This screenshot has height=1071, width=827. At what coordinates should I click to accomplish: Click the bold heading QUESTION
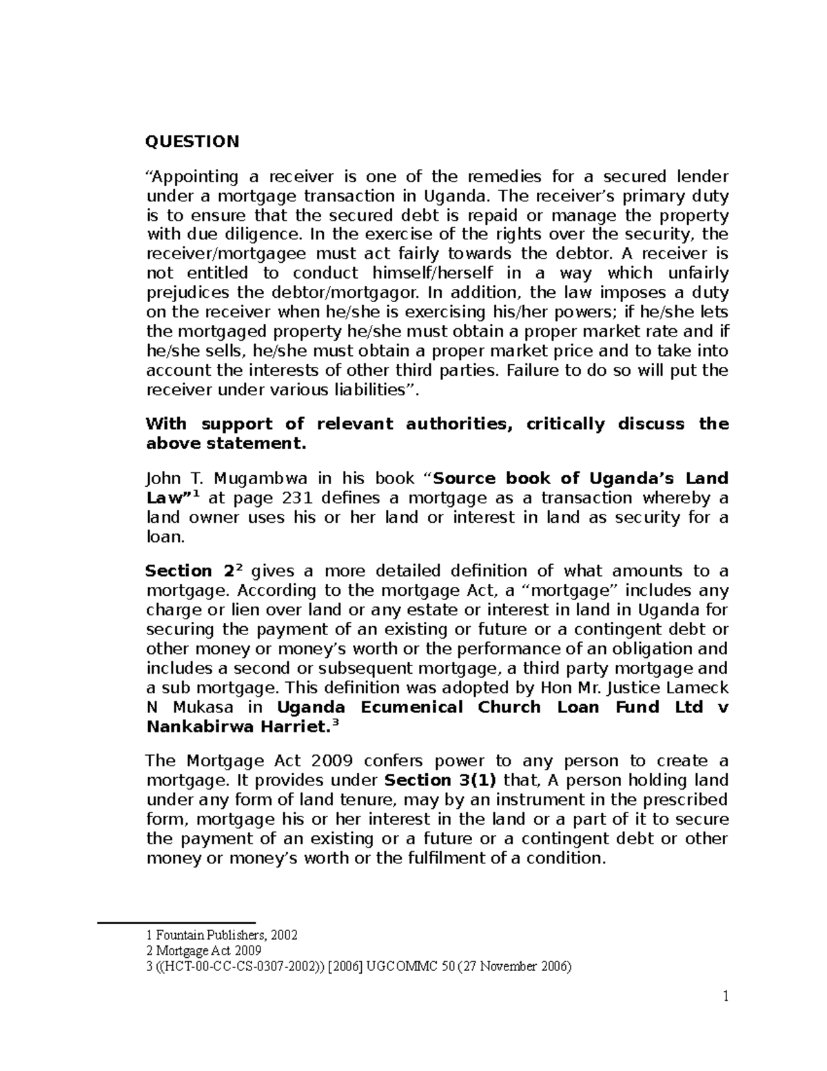[x=192, y=142]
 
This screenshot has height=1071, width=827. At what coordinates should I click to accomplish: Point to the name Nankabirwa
[x=202, y=727]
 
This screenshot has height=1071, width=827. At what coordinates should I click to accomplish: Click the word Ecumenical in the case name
[x=411, y=708]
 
